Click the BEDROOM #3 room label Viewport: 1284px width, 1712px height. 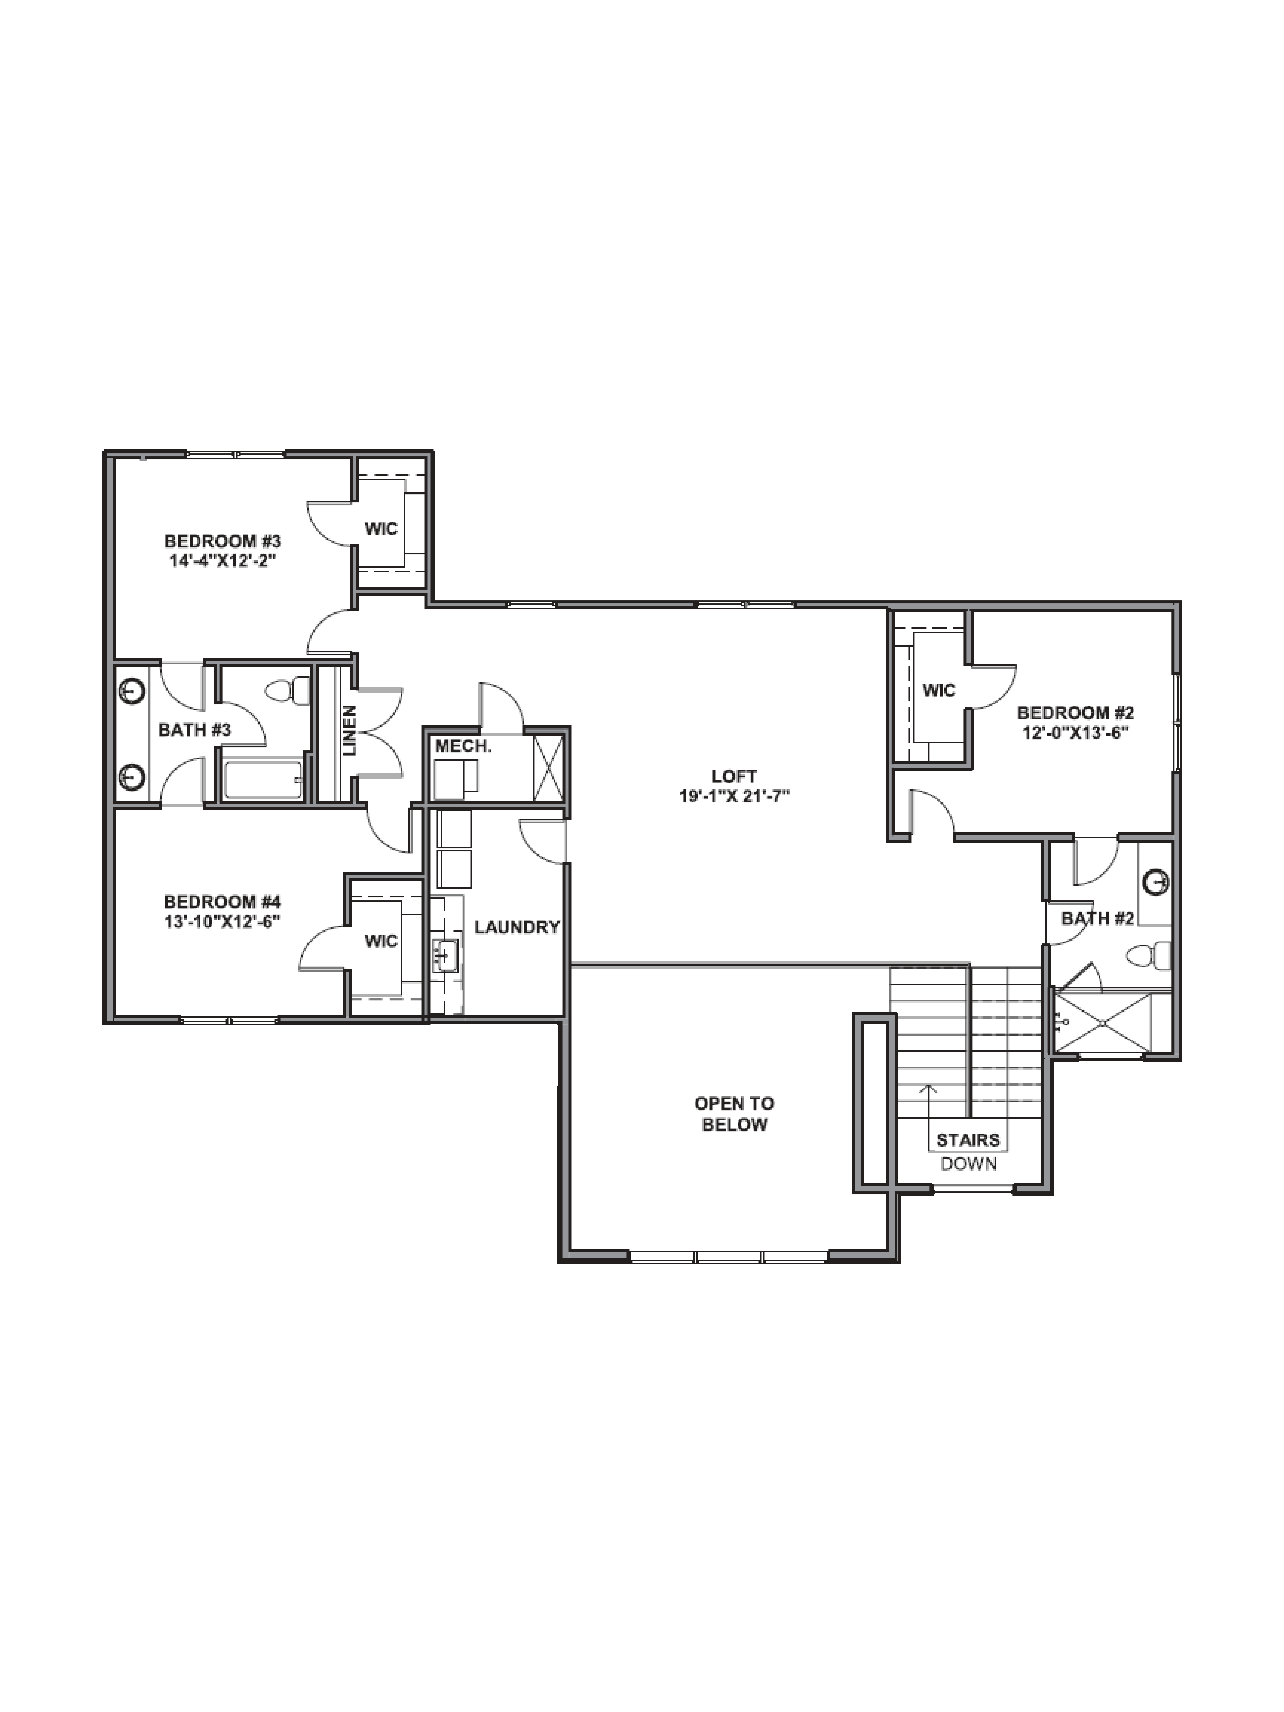[x=222, y=541]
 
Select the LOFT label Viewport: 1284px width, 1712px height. [x=734, y=775]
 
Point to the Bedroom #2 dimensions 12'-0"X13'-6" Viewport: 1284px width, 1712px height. [x=1075, y=732]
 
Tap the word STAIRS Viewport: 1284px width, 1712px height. [x=968, y=1140]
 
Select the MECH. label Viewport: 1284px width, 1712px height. [x=463, y=746]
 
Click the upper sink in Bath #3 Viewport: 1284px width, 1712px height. [x=133, y=690]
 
